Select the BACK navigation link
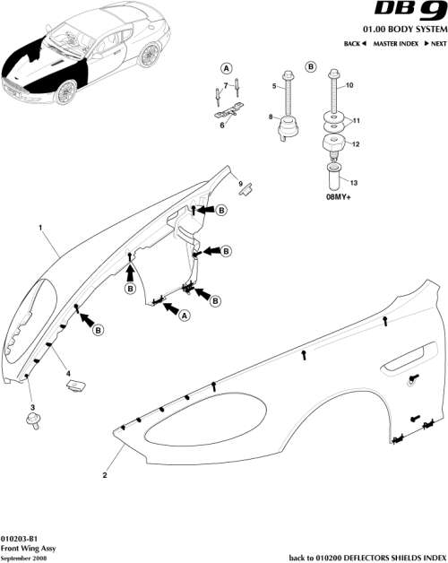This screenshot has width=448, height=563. [x=356, y=44]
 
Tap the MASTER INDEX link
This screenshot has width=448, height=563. [x=395, y=44]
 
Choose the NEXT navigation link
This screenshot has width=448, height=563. [x=435, y=44]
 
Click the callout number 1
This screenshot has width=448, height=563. [x=40, y=228]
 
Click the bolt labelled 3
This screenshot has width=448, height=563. [x=34, y=422]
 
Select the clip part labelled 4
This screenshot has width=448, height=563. [x=75, y=385]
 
